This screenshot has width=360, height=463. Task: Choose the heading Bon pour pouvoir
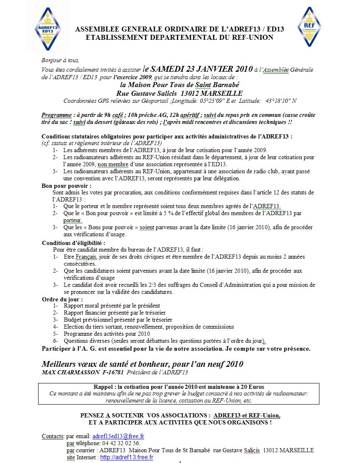point(66,186)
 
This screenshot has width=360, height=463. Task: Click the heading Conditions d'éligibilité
point(73,242)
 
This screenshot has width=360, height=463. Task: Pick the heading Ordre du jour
point(62,299)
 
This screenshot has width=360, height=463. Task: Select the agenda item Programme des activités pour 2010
point(106,334)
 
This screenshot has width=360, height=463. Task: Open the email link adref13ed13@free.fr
point(118,436)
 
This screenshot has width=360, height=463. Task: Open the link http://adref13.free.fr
point(127,458)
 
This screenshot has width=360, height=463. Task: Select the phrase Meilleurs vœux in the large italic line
point(69,364)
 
